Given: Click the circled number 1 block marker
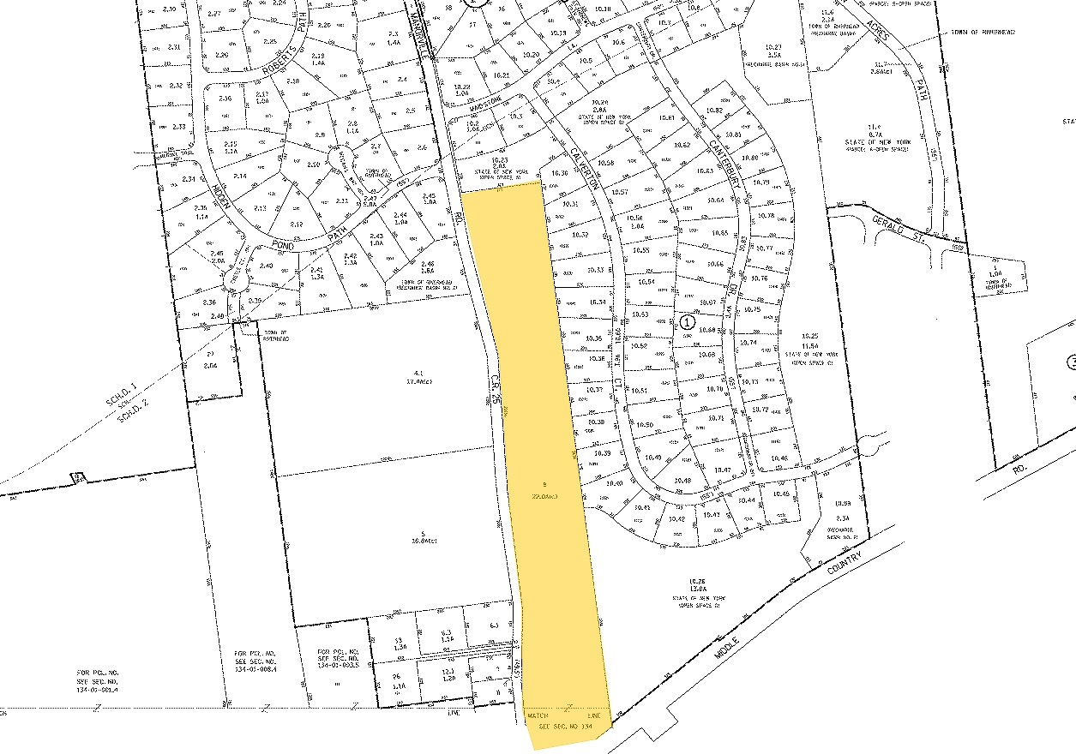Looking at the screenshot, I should pyautogui.click(x=686, y=322).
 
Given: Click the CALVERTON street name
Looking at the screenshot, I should pyautogui.click(x=582, y=168).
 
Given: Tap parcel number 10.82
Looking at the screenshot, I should pyautogui.click(x=714, y=110).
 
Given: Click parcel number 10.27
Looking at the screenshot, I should pyautogui.click(x=774, y=45).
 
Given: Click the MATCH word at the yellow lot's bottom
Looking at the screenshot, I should pyautogui.click(x=538, y=715).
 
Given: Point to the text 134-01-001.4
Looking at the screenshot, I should pyautogui.click(x=94, y=689).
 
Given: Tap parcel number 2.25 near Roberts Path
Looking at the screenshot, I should pyautogui.click(x=270, y=40).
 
